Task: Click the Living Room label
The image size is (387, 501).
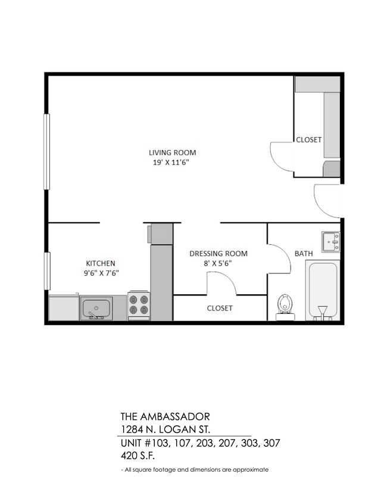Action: pyautogui.click(x=172, y=153)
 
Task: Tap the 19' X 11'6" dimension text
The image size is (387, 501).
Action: pyautogui.click(x=172, y=162)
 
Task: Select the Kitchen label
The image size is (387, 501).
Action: pyautogui.click(x=101, y=263)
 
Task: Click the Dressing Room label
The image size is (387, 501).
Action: pyautogui.click(x=219, y=254)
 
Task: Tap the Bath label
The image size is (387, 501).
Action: pyautogui.click(x=304, y=254)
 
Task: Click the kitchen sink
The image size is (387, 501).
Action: pyautogui.click(x=96, y=309)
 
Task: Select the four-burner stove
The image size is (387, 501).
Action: pyautogui.click(x=139, y=306)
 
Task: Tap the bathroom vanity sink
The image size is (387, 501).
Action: pyautogui.click(x=331, y=241)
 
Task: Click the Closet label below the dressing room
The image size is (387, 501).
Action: pyautogui.click(x=220, y=308)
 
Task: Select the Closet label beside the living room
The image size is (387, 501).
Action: pyautogui.click(x=309, y=140)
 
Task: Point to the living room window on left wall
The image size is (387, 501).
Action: pyautogui.click(x=46, y=152)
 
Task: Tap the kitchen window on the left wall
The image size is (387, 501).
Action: pyautogui.click(x=46, y=271)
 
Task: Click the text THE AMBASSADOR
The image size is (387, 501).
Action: pyautogui.click(x=165, y=416)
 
